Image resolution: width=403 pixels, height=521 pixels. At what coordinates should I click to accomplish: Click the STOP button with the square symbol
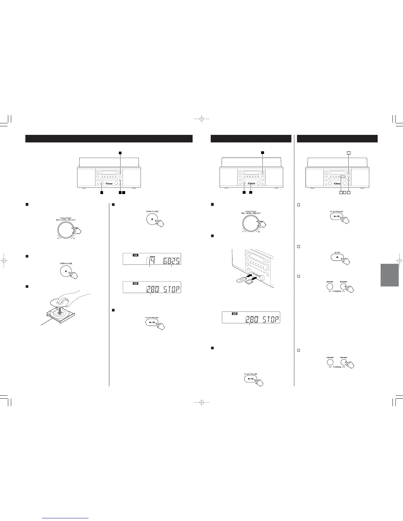pyautogui.click(x=337, y=257)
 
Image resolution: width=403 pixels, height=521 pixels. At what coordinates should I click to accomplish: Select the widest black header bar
pyautogui.click(x=109, y=138)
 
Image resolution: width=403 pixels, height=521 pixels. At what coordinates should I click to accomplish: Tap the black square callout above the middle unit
pyautogui.click(x=263, y=153)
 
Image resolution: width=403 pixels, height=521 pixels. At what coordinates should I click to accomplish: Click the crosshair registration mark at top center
pyautogui.click(x=201, y=119)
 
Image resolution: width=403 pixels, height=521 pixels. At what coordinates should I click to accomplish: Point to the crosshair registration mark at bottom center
pyautogui.click(x=201, y=402)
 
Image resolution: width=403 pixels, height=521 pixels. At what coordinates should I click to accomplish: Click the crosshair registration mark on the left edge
pyautogui.click(x=4, y=260)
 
